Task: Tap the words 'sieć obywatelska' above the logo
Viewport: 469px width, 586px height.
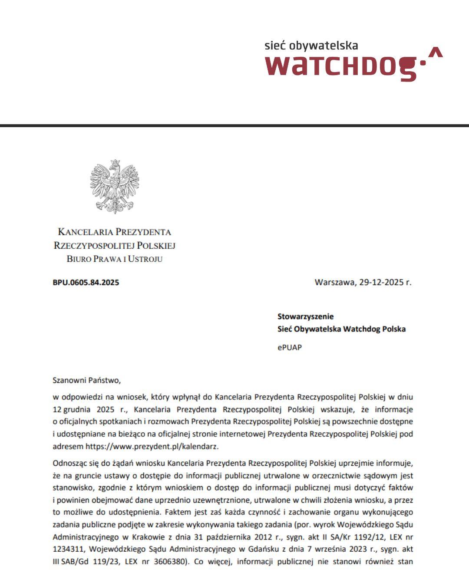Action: [x=311, y=46]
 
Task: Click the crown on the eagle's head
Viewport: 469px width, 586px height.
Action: [x=115, y=163]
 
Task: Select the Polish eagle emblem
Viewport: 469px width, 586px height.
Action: [x=115, y=185]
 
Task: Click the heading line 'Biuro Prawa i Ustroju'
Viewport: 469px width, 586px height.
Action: [x=114, y=259]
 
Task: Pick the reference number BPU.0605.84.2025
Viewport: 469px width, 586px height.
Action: [x=86, y=283]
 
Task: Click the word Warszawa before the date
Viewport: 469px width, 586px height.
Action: [x=334, y=282]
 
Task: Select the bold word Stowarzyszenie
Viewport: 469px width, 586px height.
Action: [x=305, y=316]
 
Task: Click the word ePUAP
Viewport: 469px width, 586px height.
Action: [x=289, y=347]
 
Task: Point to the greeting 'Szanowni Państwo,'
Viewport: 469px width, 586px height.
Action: [x=86, y=381]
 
